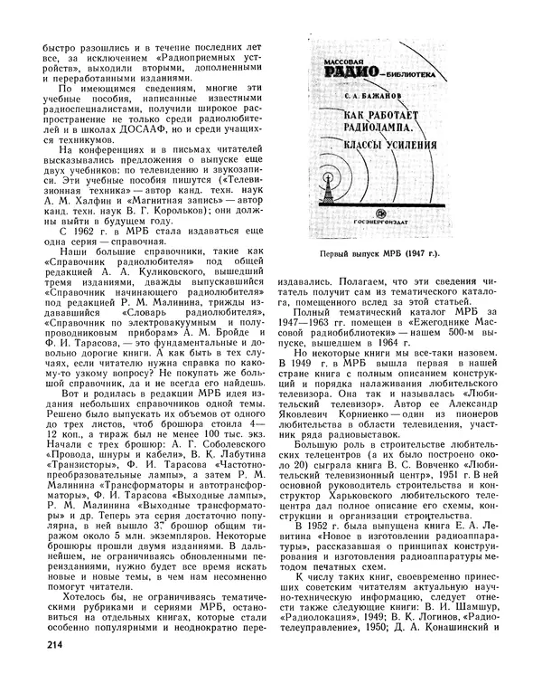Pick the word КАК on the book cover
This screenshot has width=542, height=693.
334,117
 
